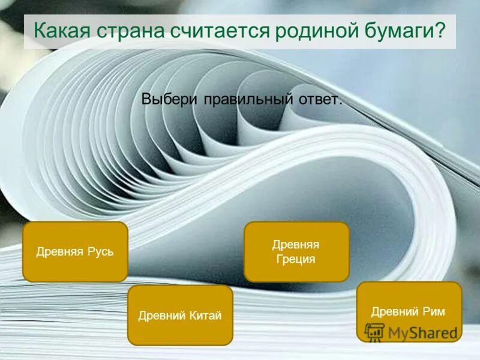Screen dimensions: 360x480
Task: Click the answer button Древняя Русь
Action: point(75,251)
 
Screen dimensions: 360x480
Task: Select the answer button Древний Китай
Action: point(180,315)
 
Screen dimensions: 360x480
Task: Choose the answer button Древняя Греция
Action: point(296,251)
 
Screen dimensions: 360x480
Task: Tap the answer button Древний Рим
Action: point(409,311)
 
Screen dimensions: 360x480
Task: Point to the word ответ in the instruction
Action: point(319,99)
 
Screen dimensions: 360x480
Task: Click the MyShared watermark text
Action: point(422,332)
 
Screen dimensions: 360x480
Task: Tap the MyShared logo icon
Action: point(374,332)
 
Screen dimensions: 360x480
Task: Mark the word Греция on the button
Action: point(296,259)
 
